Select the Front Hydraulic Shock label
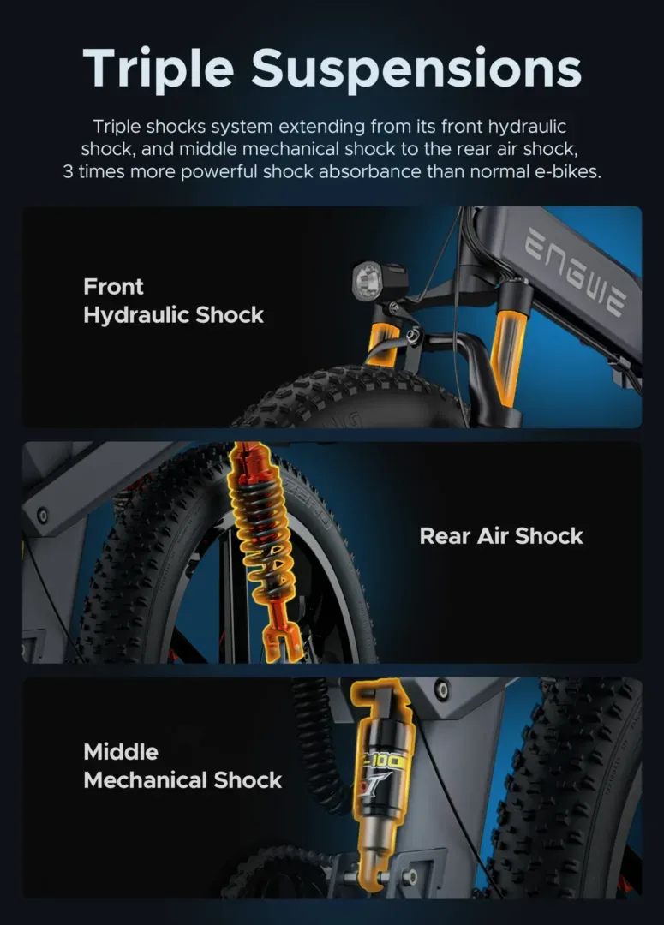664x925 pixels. click(x=173, y=301)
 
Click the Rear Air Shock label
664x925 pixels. click(x=500, y=536)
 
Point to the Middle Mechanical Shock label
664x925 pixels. click(x=182, y=766)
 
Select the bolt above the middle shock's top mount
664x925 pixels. click(x=442, y=688)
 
